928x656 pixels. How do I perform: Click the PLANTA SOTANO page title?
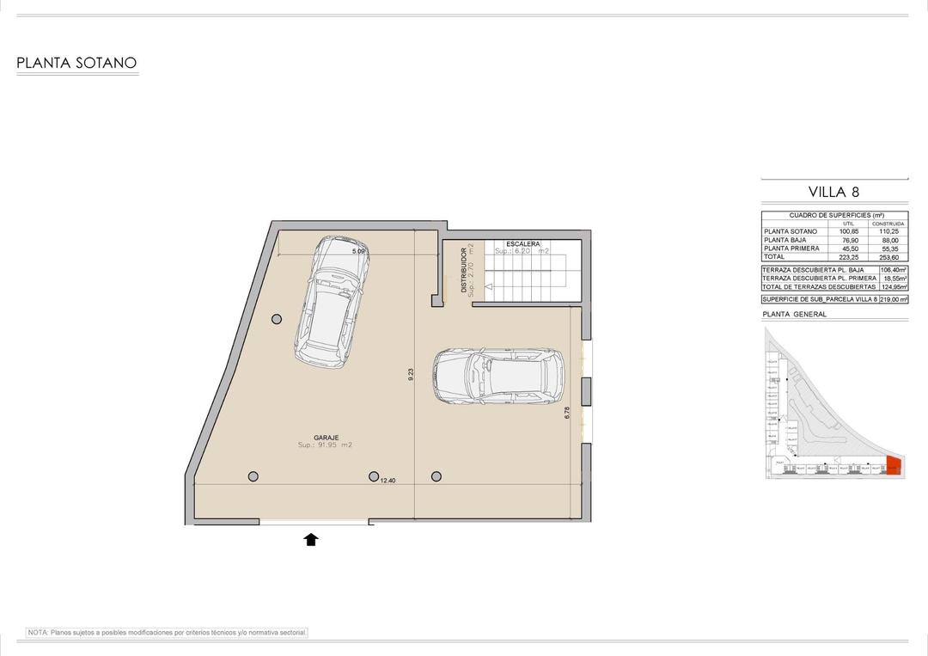[76, 63]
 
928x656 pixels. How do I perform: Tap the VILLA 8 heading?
[833, 192]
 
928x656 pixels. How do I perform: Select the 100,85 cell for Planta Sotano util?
[848, 231]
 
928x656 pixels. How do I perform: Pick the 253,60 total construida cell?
[889, 257]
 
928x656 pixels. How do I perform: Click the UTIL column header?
[848, 223]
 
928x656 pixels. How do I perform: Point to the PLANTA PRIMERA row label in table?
[791, 248]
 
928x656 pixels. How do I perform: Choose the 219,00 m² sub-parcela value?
[894, 299]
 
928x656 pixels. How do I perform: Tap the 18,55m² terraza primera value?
[894, 279]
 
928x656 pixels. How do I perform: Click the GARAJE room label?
[326, 438]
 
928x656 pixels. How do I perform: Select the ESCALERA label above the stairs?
[522, 244]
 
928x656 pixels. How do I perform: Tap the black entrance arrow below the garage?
[311, 539]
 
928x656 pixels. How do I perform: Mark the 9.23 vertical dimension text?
[411, 375]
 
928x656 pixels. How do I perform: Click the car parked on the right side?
[499, 376]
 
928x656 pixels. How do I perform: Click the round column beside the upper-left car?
[277, 319]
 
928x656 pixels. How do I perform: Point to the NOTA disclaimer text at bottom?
[168, 632]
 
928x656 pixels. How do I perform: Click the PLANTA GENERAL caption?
[794, 315]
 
